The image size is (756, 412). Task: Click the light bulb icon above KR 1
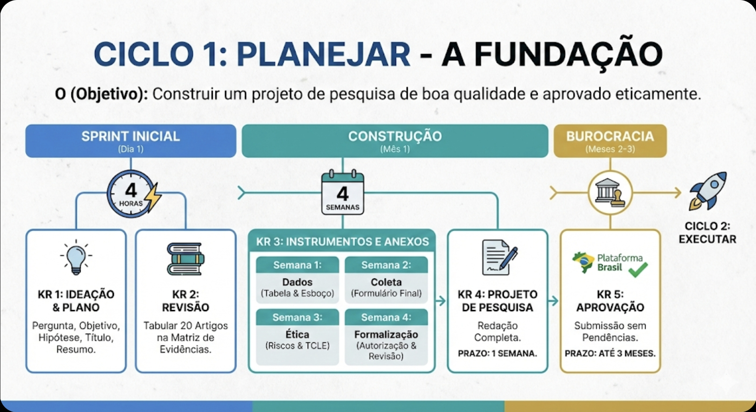[76, 257]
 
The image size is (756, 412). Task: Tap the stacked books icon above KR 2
[185, 259]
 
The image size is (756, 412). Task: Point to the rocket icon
[708, 191]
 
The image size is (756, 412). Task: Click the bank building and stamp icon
[610, 193]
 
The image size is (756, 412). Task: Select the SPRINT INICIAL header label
[131, 137]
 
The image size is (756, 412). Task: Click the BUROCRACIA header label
[610, 137]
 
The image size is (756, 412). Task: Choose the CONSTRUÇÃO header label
[395, 137]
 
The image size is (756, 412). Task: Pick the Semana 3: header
[297, 317]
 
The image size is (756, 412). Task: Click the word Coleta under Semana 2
[386, 282]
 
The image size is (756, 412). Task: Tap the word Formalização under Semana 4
[386, 334]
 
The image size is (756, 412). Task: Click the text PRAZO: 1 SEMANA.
[497, 354]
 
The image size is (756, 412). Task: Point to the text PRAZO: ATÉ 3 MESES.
[610, 354]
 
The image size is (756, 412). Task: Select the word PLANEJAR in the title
[323, 55]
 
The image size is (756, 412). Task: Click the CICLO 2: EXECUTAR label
[707, 233]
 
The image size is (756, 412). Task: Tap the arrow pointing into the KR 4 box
[441, 301]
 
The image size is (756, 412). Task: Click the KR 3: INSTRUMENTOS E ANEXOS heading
[342, 242]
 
